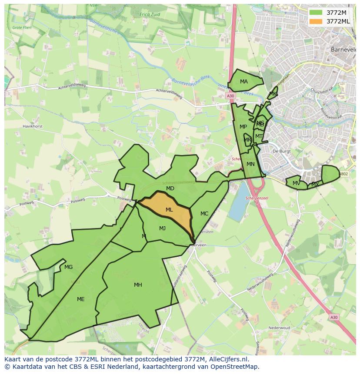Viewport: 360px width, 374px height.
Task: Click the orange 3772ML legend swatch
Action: (x=316, y=21)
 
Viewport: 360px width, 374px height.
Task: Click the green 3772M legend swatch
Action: (x=316, y=13)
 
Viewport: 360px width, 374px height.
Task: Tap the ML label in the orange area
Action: (x=169, y=210)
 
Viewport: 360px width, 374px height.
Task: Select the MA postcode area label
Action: (x=244, y=82)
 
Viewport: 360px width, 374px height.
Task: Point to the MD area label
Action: (x=170, y=189)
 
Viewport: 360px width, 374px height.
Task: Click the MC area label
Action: (x=204, y=214)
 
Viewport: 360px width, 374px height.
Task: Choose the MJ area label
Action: (x=162, y=228)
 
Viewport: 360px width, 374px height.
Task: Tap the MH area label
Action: (x=138, y=285)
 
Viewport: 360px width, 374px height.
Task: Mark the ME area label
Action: (x=80, y=299)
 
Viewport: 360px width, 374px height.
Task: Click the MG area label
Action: (x=68, y=267)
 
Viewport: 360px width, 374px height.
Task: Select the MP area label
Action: (x=243, y=127)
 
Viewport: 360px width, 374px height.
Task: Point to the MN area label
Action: (x=250, y=164)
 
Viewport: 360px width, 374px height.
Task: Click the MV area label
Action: (x=296, y=183)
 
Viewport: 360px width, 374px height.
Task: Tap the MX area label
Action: (x=315, y=185)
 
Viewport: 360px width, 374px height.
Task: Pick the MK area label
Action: (x=273, y=94)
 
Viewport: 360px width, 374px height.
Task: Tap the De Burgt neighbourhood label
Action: (x=281, y=151)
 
